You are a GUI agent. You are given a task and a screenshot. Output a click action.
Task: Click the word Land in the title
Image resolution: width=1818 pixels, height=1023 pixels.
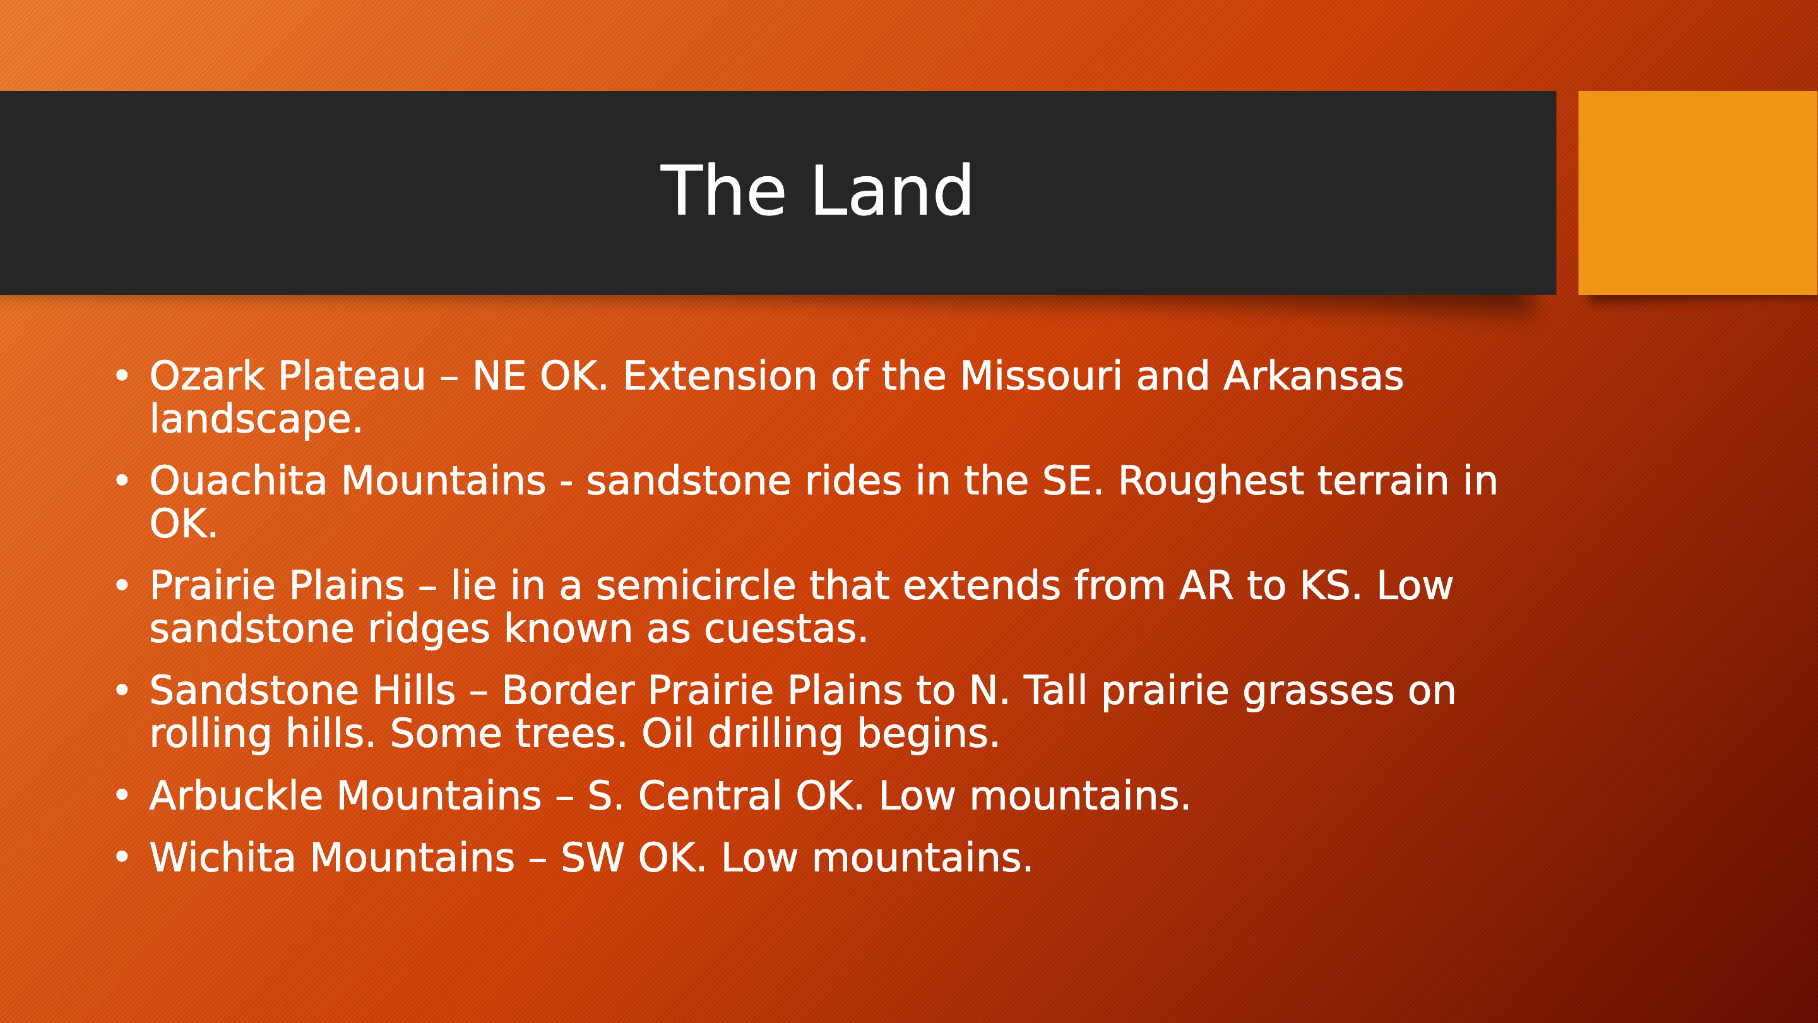point(892,191)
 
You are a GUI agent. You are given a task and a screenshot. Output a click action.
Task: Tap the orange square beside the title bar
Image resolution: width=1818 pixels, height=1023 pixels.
point(1698,193)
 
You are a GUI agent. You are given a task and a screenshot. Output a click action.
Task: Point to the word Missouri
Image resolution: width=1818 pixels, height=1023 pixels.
point(1040,376)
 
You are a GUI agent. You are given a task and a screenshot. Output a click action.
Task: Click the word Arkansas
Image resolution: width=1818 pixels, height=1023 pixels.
point(1313,376)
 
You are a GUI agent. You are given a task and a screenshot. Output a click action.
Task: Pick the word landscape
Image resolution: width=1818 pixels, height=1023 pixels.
point(256,419)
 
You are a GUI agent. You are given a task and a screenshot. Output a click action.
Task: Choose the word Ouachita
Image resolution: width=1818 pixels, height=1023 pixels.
point(242,481)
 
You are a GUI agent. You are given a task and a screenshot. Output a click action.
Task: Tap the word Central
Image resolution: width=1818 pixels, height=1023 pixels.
point(710,796)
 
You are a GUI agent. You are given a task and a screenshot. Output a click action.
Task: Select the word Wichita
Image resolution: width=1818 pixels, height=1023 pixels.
point(222,857)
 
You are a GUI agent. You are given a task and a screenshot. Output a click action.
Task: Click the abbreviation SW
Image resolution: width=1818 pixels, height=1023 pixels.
point(592,857)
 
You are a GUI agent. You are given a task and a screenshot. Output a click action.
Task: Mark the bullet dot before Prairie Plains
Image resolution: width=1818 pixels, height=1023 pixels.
point(122,586)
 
